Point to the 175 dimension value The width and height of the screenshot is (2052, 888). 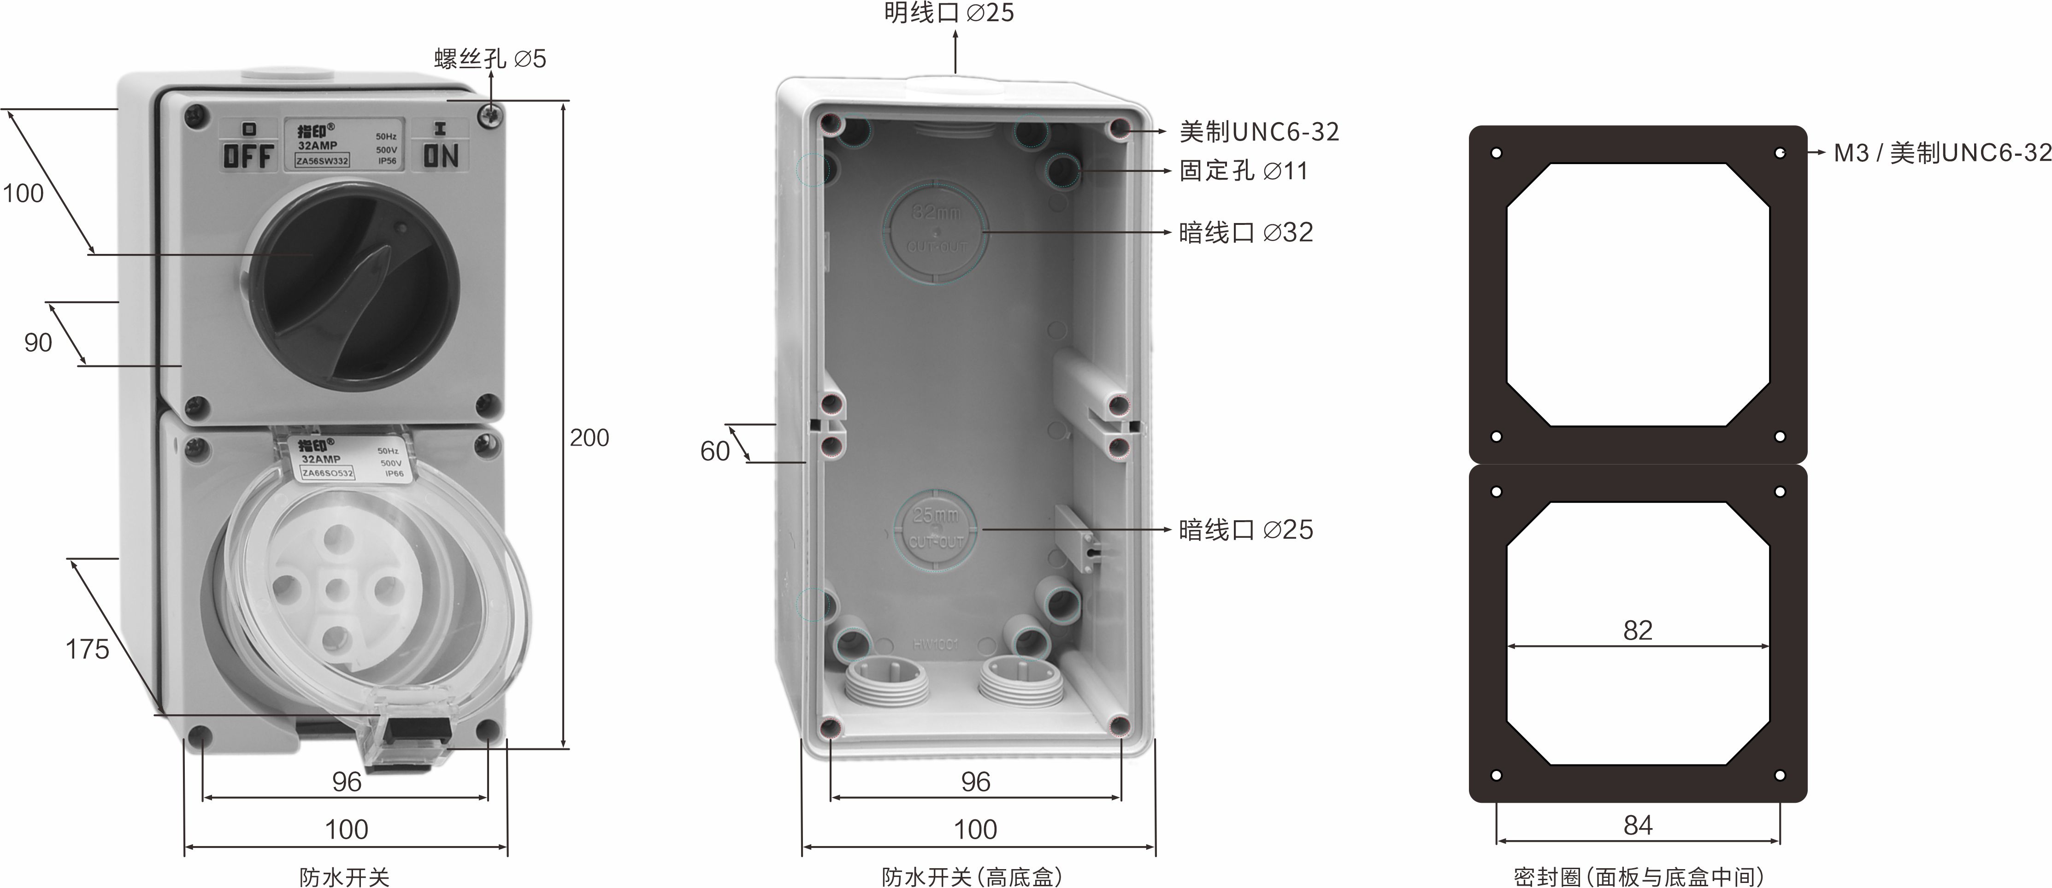[x=87, y=650]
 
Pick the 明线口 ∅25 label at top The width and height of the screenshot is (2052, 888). [x=949, y=13]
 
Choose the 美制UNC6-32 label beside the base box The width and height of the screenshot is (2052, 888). [x=1259, y=131]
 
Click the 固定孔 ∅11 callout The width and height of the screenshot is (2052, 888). [x=1243, y=171]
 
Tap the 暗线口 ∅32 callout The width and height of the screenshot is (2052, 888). [x=1245, y=233]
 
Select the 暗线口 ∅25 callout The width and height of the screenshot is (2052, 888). [x=1245, y=529]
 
